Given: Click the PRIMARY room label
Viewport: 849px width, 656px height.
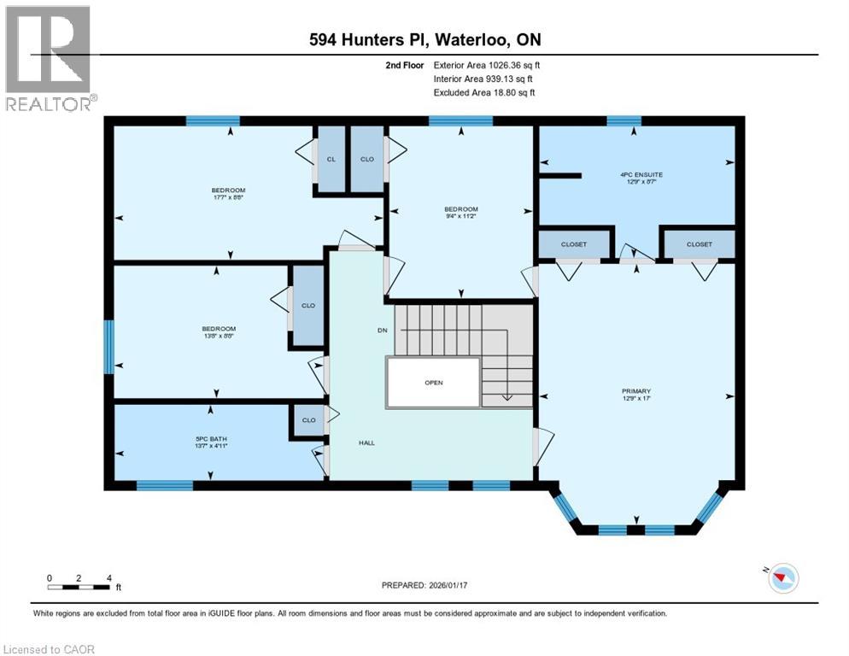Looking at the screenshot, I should [636, 392].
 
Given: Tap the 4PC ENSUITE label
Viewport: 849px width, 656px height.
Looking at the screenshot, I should [641, 174].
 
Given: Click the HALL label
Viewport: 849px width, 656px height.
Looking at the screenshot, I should [366, 442].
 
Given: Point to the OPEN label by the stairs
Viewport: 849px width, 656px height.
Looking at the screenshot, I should [434, 383].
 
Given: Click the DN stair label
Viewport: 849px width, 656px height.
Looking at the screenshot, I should [382, 331].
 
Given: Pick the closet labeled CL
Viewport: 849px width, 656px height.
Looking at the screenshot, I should [331, 158].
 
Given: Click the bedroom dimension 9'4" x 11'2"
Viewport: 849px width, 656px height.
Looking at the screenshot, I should [460, 217].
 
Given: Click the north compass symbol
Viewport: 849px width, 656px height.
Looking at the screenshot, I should [782, 578].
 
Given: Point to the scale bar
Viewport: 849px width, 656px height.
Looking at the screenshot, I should [79, 586].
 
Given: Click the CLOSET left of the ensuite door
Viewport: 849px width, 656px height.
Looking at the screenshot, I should [574, 244].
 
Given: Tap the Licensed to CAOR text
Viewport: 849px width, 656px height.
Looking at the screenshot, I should [50, 649].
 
